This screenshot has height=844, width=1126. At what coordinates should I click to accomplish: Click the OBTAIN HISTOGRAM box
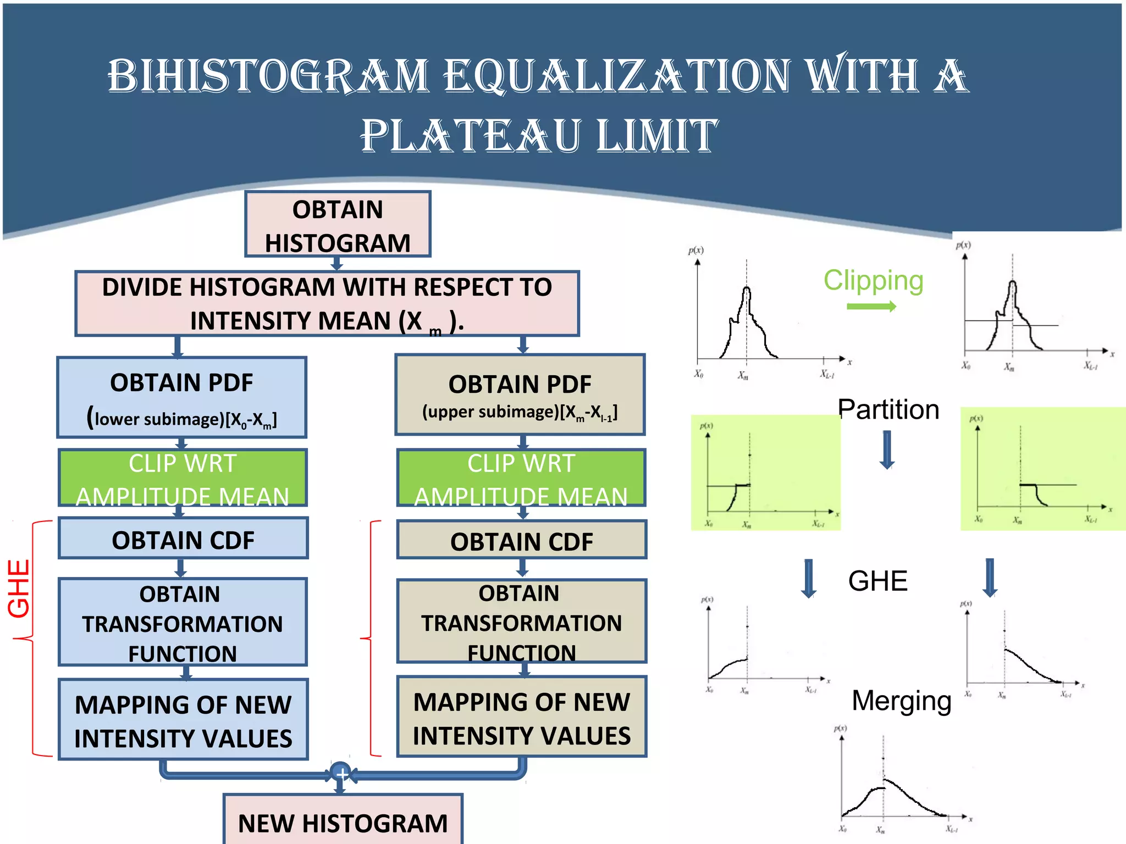coord(338,224)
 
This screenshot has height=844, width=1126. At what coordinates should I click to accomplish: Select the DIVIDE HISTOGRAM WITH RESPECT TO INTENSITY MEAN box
coord(327,303)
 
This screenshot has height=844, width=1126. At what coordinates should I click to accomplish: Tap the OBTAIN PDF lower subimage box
coord(182,397)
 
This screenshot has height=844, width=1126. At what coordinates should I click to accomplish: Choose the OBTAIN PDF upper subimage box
coord(520,395)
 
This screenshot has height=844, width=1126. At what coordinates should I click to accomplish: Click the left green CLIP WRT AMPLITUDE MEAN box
coord(183,477)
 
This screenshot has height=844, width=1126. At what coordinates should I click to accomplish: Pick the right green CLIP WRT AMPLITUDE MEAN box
coord(521,477)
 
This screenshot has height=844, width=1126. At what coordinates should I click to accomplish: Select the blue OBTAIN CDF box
coord(183,539)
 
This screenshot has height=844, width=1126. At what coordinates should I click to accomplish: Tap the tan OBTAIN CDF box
coord(522,541)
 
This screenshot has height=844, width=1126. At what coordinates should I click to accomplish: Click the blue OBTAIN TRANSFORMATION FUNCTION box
coord(183,622)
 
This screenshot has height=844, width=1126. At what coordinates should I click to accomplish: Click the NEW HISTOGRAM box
coord(343,821)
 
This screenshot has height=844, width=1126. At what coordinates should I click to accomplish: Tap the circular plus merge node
coord(341,773)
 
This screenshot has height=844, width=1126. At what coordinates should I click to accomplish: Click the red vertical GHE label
coord(19,588)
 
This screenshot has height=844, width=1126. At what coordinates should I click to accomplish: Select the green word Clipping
coord(873,280)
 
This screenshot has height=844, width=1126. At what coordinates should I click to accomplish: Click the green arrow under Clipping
coord(871,307)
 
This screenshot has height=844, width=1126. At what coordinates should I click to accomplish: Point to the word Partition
coord(888,409)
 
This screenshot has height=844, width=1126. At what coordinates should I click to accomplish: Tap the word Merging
coord(901,701)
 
